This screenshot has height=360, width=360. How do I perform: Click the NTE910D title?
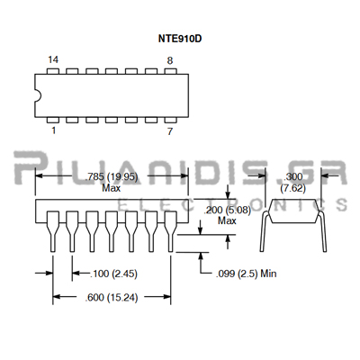(x=180, y=39)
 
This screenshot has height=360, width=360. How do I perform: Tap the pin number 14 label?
(x=53, y=59)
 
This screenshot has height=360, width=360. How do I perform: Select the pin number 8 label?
(x=170, y=61)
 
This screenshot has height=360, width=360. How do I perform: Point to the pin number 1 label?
(x=54, y=130)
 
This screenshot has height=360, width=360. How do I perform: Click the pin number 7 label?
(x=170, y=131)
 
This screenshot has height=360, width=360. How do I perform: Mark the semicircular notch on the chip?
(x=38, y=95)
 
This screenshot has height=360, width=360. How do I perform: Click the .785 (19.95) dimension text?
(x=112, y=177)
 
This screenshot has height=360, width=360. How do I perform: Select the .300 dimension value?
(x=293, y=176)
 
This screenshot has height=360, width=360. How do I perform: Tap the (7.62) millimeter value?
(x=293, y=188)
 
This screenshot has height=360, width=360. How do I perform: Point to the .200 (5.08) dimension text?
(x=227, y=210)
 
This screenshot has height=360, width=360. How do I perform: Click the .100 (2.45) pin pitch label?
(x=113, y=274)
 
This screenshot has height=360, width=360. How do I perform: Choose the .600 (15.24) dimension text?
(x=112, y=298)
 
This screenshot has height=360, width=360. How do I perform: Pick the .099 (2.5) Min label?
(x=246, y=274)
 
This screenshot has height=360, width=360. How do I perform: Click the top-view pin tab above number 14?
(x=53, y=71)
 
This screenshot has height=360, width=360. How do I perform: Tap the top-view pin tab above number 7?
(x=171, y=120)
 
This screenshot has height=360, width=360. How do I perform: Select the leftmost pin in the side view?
(x=53, y=231)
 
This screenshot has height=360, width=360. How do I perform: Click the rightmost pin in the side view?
(x=171, y=231)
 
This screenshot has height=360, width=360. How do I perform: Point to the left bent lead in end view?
(x=263, y=231)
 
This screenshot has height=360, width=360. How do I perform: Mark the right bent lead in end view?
(x=323, y=231)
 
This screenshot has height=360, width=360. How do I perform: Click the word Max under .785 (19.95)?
(x=112, y=188)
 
